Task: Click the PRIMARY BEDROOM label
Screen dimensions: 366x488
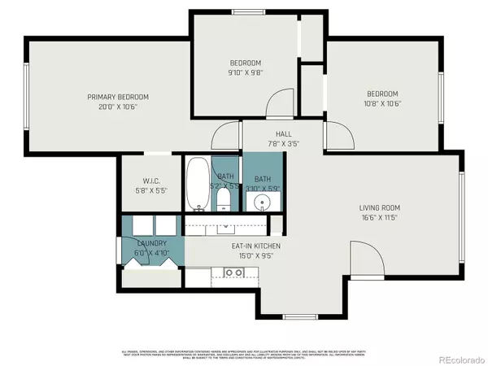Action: coord(119,97)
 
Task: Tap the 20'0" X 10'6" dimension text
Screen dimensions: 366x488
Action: coord(119,107)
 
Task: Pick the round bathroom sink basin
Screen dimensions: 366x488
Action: coord(262,201)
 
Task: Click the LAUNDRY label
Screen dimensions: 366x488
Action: coord(152,243)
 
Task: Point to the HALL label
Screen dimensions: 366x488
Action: coord(284,134)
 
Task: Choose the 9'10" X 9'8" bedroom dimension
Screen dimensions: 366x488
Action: coord(246,72)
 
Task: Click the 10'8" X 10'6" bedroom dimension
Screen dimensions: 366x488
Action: coord(381,103)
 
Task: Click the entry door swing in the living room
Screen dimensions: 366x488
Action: coord(366,260)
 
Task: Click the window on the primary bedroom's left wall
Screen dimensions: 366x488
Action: coord(27,99)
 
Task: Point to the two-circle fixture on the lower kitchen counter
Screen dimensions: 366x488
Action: coord(222,277)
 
